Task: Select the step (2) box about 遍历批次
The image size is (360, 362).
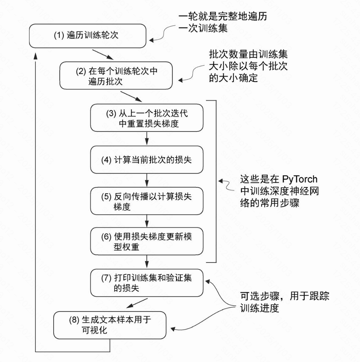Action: (x=116, y=76)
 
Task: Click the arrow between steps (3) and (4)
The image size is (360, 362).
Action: (x=147, y=139)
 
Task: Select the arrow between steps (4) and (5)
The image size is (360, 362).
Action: (x=147, y=181)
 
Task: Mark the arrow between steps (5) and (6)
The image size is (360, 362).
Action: (x=147, y=221)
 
